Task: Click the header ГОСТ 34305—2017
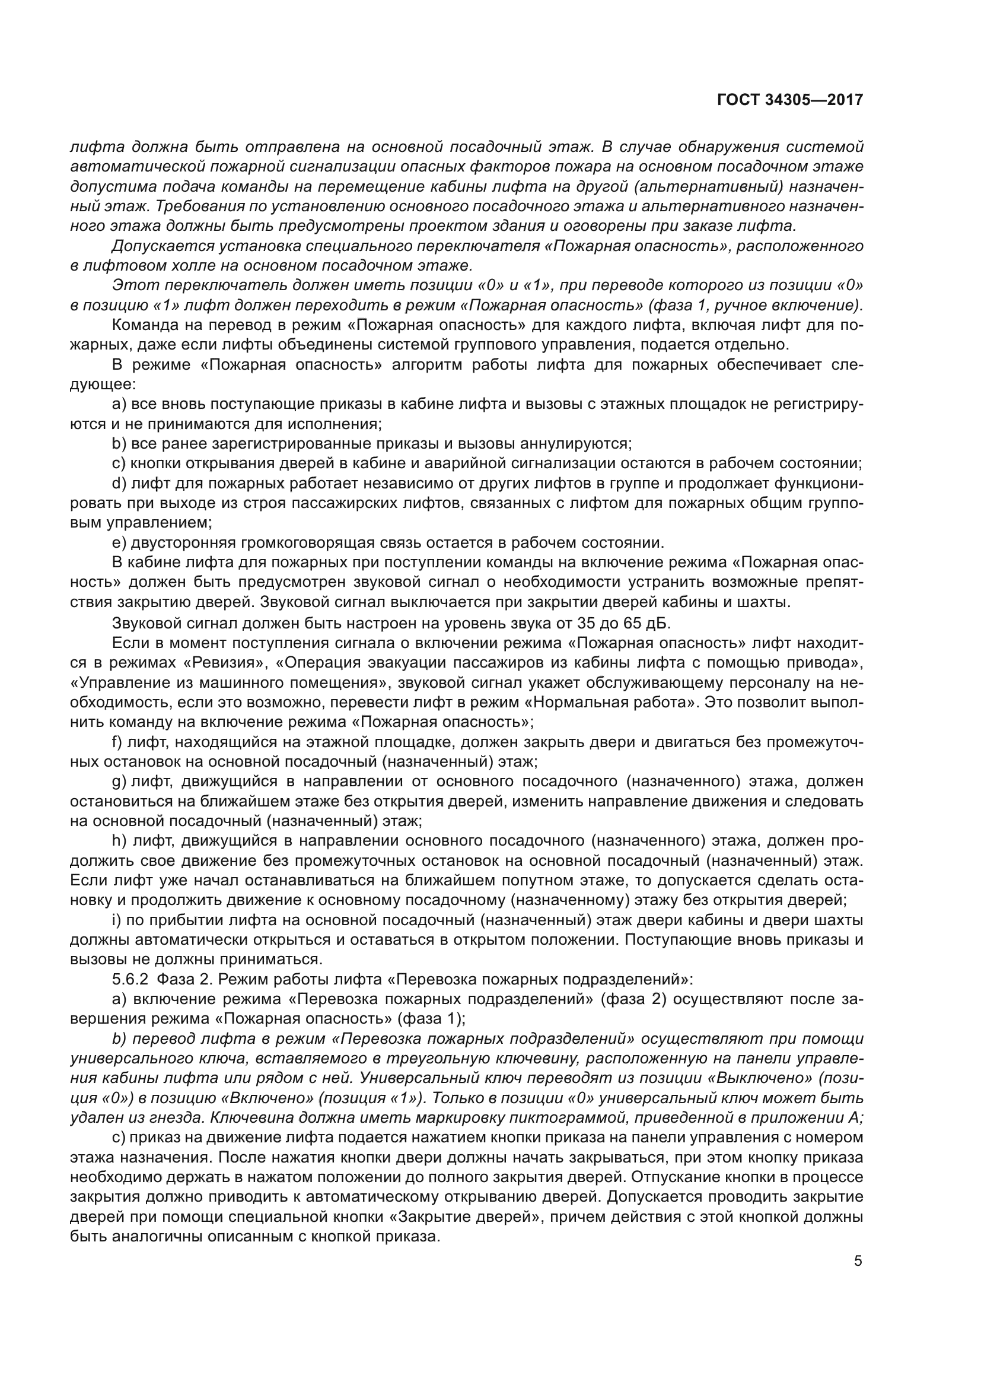(789, 100)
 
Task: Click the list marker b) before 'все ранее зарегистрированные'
(119, 444)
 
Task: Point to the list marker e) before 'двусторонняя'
(119, 542)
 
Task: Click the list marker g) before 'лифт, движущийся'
(119, 782)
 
